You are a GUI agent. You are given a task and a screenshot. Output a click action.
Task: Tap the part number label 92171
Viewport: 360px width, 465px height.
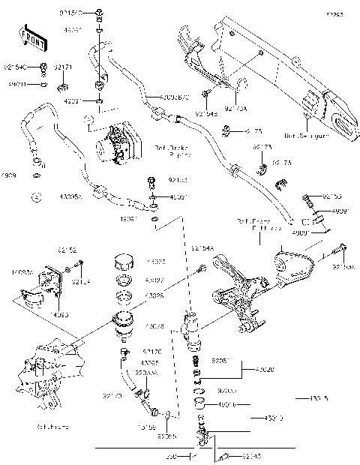64,68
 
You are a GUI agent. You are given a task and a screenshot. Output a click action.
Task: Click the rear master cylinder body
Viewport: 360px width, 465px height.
190,328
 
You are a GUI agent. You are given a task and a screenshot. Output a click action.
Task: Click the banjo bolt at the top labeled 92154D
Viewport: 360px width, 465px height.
99,13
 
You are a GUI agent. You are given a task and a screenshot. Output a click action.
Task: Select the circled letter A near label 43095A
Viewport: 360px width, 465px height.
36,198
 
